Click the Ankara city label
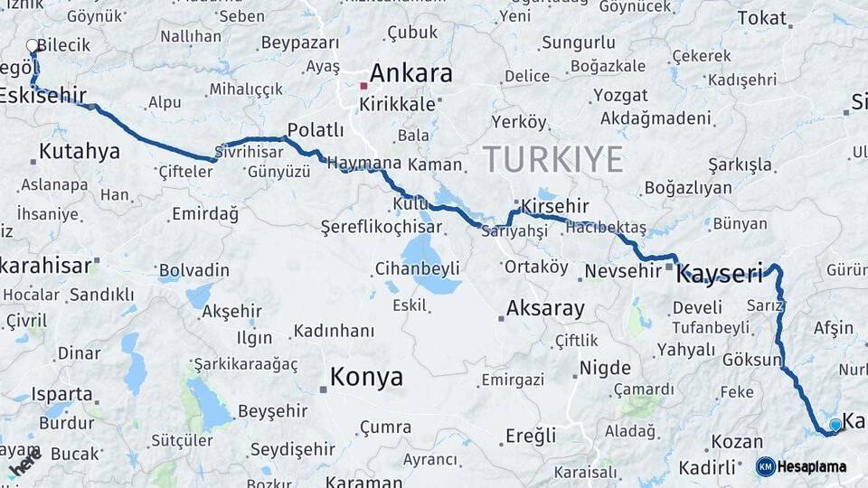click(410, 73)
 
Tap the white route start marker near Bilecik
click(33, 45)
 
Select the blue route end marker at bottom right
click(835, 424)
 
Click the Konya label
click(366, 377)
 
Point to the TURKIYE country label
click(552, 159)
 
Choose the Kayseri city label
click(720, 274)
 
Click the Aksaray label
click(545, 308)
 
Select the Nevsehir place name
click(624, 270)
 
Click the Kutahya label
click(80, 151)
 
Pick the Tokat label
click(762, 18)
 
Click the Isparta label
click(62, 394)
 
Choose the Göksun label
click(751, 360)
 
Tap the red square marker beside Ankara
click(363, 86)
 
